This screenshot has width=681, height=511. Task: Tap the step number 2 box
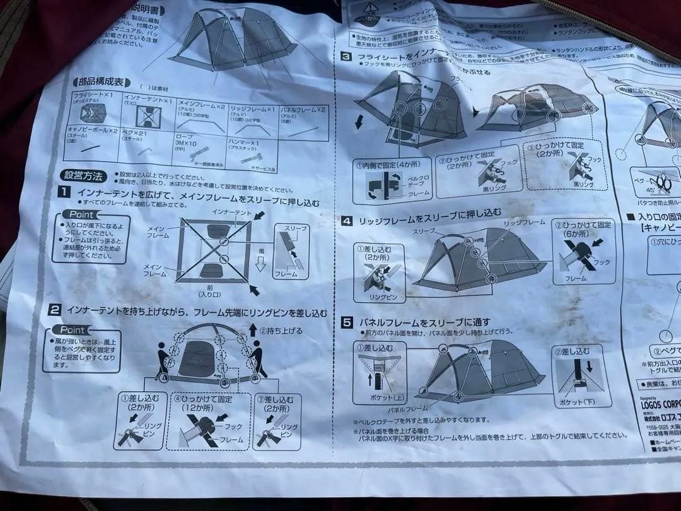pyautogui.click(x=55, y=310)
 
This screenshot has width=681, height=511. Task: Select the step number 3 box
pyautogui.click(x=346, y=56)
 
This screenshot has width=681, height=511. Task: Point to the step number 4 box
pyautogui.click(x=347, y=221)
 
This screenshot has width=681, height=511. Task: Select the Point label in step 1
pyautogui.click(x=81, y=214)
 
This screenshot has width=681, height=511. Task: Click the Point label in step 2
pyautogui.click(x=72, y=329)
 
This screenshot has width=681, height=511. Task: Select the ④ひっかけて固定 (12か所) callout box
pyautogui.click(x=207, y=421)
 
